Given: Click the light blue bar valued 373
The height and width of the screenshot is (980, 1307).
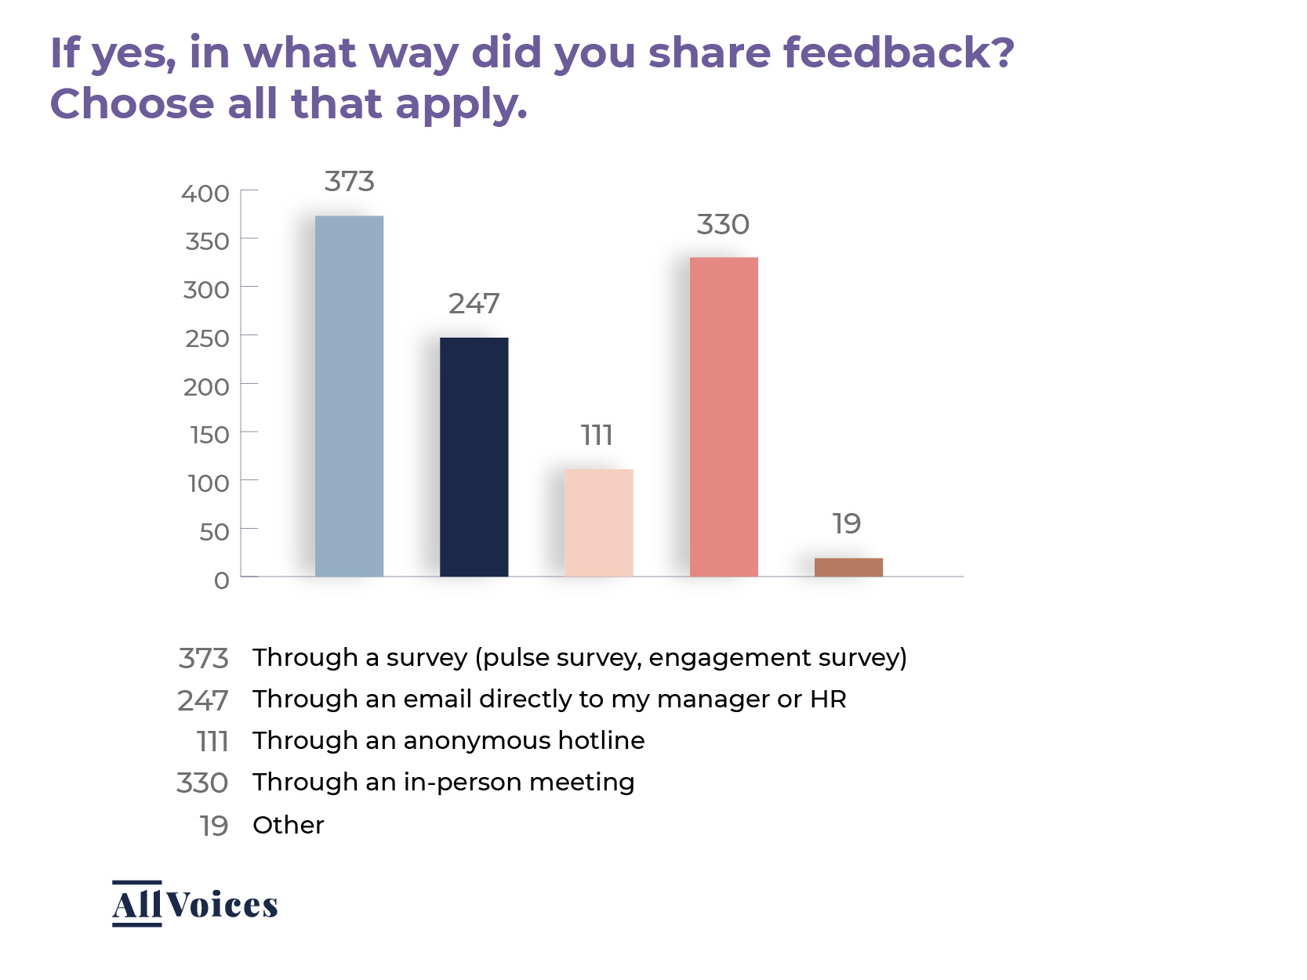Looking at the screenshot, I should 349,396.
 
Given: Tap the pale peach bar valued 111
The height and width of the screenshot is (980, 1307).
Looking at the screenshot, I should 598,523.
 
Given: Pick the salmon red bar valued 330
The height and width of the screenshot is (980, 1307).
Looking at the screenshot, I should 724,416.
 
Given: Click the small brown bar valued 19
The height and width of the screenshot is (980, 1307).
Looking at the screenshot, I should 848,567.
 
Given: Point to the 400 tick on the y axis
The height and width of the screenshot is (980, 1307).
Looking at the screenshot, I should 205,193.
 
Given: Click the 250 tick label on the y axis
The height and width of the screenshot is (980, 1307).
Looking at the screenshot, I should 207,338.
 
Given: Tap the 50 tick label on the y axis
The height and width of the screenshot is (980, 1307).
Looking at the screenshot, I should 214,532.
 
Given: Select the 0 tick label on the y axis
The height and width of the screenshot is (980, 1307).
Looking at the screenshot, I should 222,580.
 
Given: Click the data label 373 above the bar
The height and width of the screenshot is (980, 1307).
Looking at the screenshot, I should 350,182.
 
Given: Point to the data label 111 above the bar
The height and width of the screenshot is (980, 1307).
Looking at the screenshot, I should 597,436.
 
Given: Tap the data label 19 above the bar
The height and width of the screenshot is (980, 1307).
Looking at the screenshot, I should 847,524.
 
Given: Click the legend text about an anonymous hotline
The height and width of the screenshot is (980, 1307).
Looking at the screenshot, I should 448,740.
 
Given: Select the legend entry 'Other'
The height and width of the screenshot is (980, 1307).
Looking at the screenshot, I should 288,825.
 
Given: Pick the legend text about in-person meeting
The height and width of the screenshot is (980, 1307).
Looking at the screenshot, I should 443,782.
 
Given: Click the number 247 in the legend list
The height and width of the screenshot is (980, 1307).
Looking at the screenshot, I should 203,700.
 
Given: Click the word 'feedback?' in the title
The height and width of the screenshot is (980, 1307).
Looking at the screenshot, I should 899,53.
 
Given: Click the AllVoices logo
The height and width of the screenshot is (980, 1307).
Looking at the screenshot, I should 195,904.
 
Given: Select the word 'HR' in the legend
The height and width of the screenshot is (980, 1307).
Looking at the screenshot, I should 828,699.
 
